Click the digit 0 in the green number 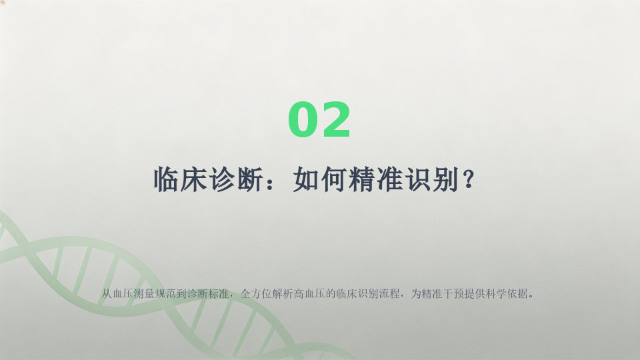[303, 119]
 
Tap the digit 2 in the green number [335, 119]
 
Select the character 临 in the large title [167, 179]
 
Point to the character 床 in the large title [194, 179]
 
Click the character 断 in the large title [250, 179]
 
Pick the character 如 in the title [306, 179]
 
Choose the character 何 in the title [334, 179]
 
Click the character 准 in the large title [389, 179]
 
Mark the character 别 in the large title [445, 179]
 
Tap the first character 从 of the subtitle [107, 293]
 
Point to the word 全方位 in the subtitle [256, 293]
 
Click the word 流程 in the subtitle [389, 293]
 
